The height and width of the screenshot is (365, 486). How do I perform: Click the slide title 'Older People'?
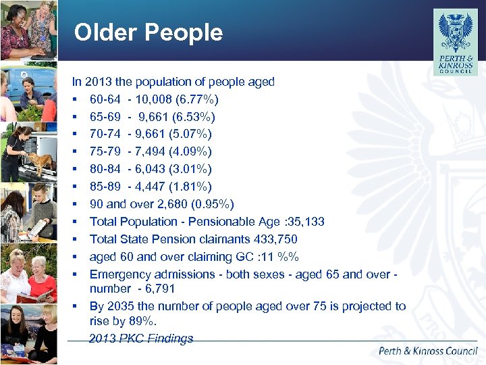(148, 32)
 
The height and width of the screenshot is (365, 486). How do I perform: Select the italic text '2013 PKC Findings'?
(141, 339)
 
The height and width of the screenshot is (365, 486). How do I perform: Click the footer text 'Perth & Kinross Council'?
(428, 351)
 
